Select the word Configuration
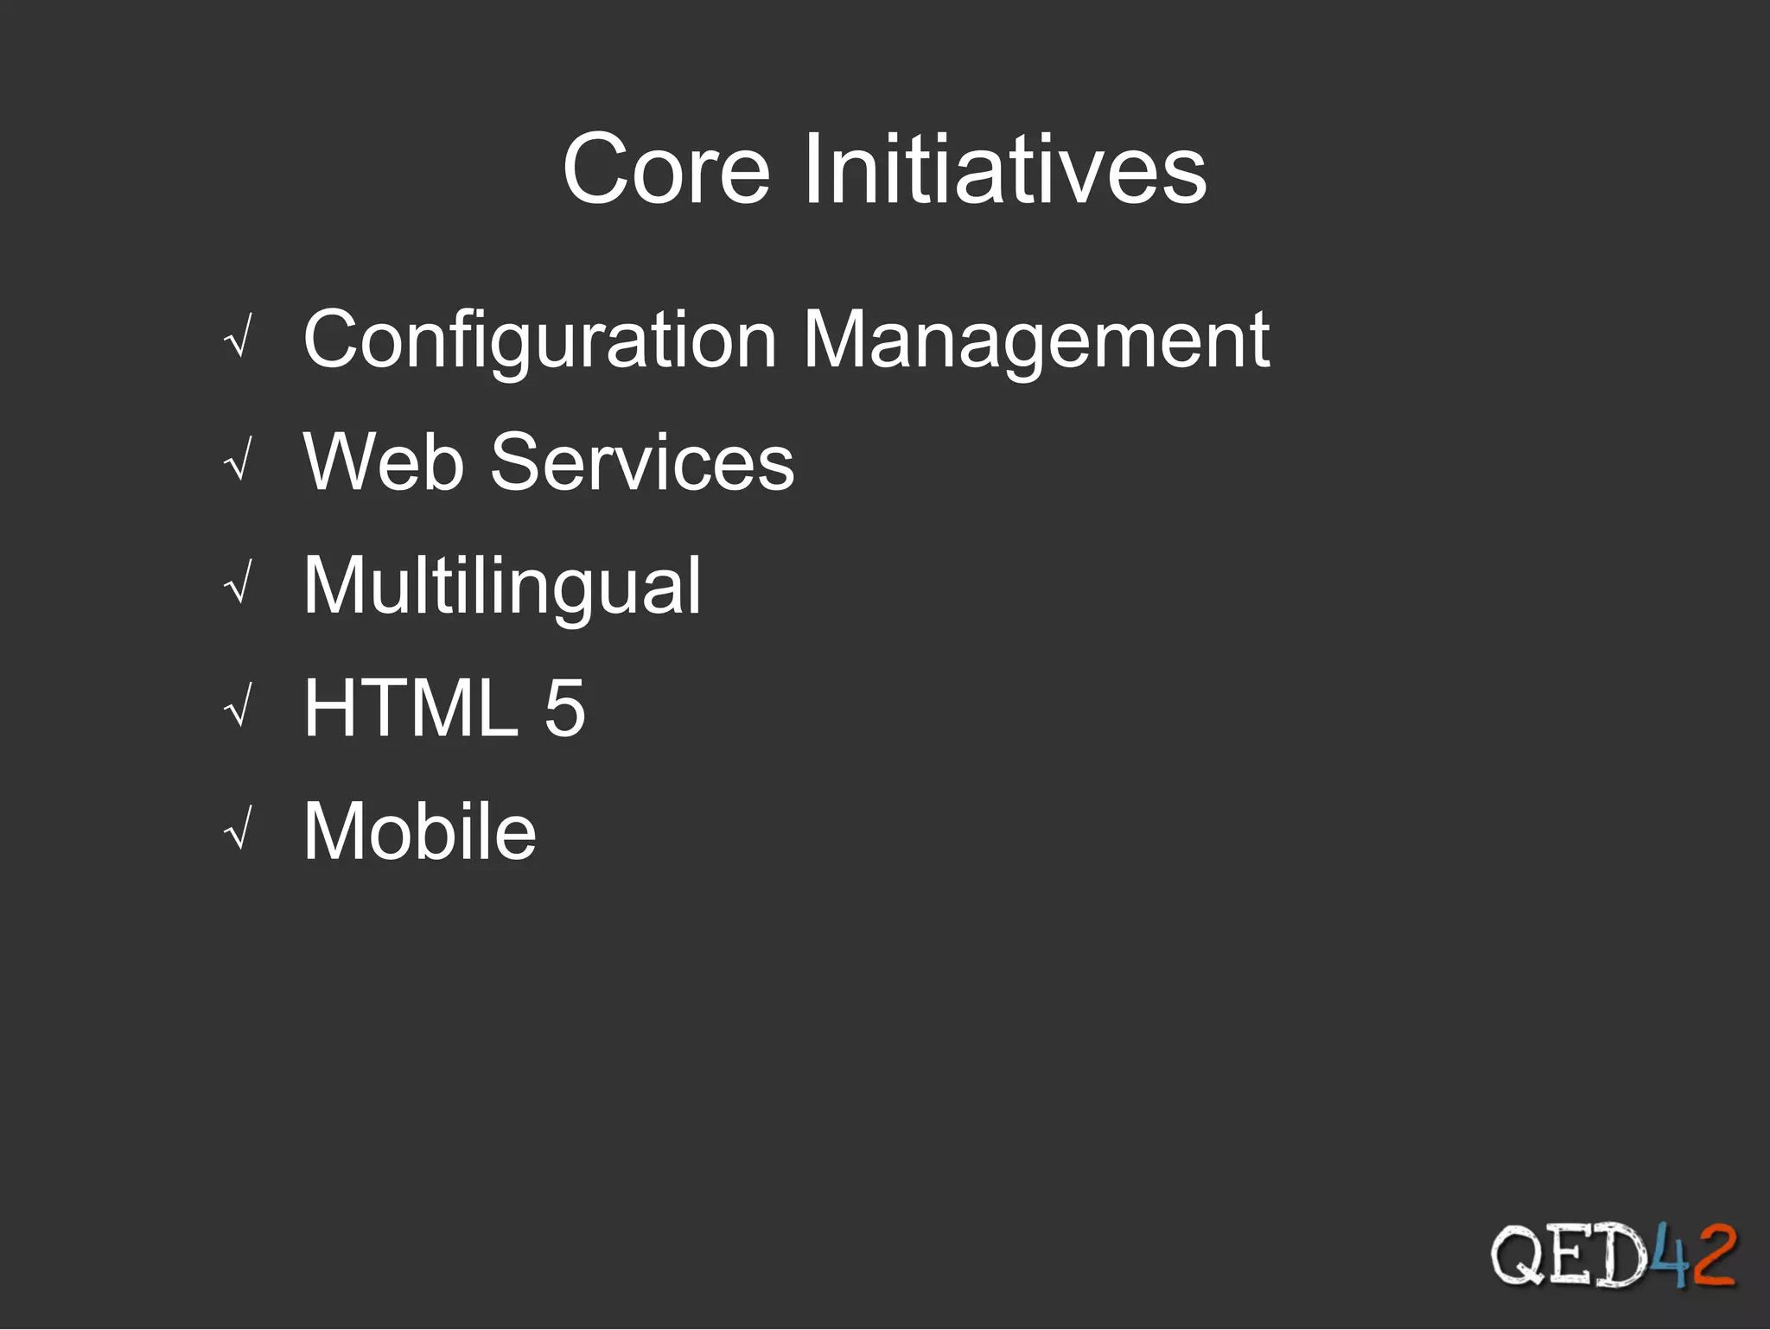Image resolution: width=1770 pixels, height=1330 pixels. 540,340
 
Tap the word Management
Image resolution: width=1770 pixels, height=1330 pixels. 1036,340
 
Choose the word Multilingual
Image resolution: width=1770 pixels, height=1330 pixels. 502,586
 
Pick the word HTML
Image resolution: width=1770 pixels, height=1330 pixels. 411,708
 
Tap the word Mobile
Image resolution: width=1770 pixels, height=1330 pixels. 420,831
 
